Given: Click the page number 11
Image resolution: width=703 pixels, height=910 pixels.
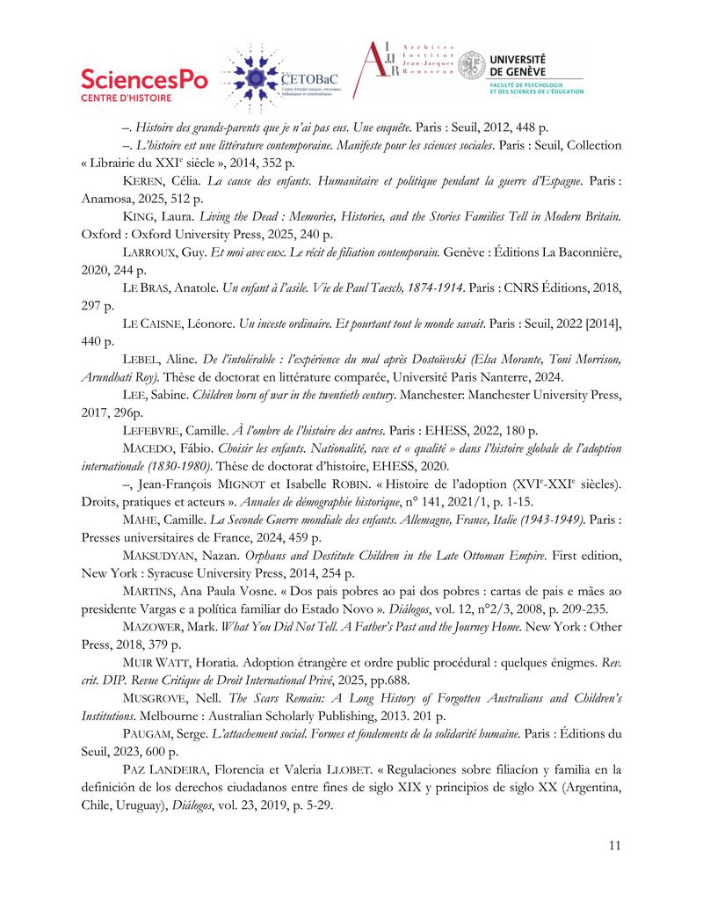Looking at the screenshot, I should (x=613, y=846).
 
